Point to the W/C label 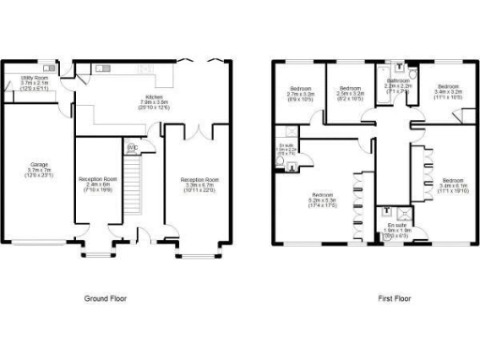coord(132,147)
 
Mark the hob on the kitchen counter coord(147,69)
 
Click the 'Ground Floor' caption coord(105,299)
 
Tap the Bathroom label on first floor coord(398,85)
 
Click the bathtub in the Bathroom coord(385,81)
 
